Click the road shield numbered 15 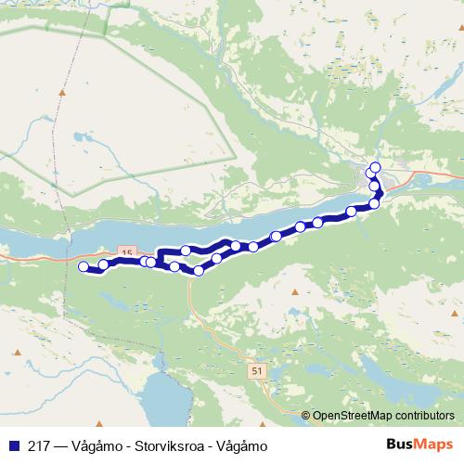click(127, 252)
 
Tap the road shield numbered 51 click(255, 370)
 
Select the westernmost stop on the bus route click(84, 267)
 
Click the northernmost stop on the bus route click(375, 168)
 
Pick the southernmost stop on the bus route click(199, 271)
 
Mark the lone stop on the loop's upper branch click(187, 251)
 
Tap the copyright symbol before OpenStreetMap click(306, 416)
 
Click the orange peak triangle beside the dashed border click(62, 92)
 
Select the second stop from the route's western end click(104, 266)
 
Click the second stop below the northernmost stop click(374, 186)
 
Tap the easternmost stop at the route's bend click(375, 203)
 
